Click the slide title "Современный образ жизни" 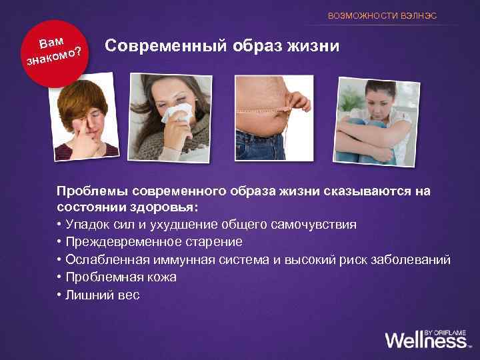[223, 46]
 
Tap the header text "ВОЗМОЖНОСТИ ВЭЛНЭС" [383, 15]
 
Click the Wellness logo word [425, 340]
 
